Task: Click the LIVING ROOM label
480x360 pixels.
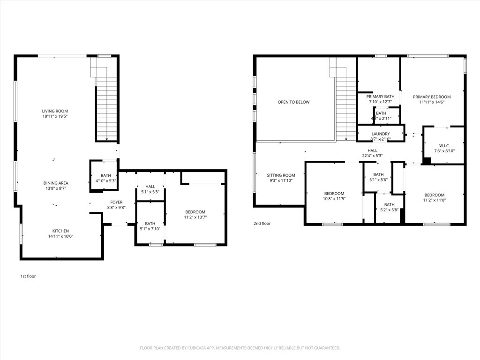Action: (52, 111)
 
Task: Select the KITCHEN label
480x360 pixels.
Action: (60, 231)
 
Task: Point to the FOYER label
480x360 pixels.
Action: (116, 202)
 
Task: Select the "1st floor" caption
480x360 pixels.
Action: (28, 276)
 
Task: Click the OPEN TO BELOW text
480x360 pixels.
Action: (293, 102)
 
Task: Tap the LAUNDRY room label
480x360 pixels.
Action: (380, 134)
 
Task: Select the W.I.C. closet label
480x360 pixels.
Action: (444, 145)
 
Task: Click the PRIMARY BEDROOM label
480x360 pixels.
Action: (432, 97)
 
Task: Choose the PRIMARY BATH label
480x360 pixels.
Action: (380, 96)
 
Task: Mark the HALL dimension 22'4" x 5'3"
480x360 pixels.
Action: (373, 156)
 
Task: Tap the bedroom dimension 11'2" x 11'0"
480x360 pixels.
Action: (435, 200)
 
